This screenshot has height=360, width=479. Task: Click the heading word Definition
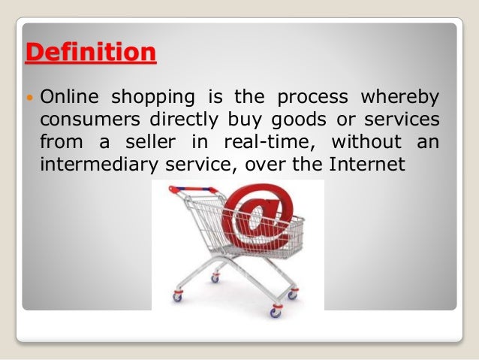point(92,54)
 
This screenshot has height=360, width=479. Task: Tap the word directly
point(170,119)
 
